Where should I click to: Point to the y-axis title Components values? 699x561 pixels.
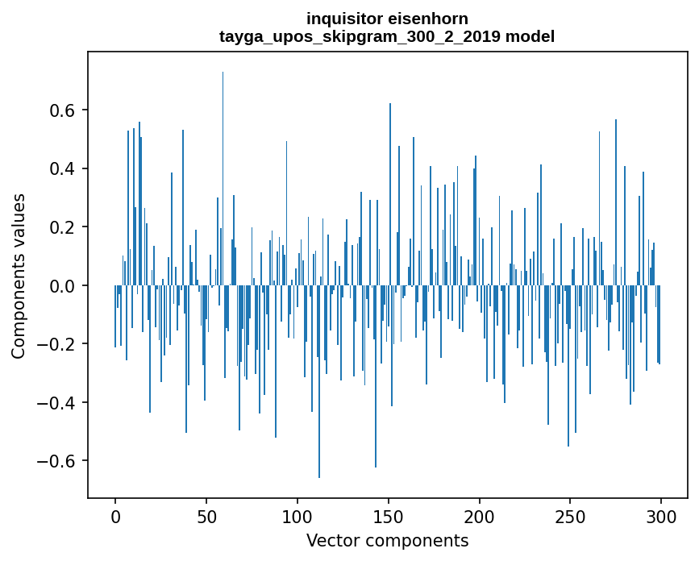tap(19, 276)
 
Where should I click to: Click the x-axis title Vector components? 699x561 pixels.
tap(387, 541)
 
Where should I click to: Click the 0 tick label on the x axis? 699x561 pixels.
tap(115, 516)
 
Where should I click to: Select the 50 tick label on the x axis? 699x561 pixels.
tap(206, 516)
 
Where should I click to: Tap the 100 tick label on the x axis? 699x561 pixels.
tap(297, 516)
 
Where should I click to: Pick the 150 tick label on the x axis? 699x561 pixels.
tap(389, 516)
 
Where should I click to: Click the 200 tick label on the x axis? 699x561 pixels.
tap(480, 516)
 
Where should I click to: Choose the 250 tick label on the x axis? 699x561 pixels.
tap(571, 516)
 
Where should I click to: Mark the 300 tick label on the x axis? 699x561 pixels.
tap(662, 516)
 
